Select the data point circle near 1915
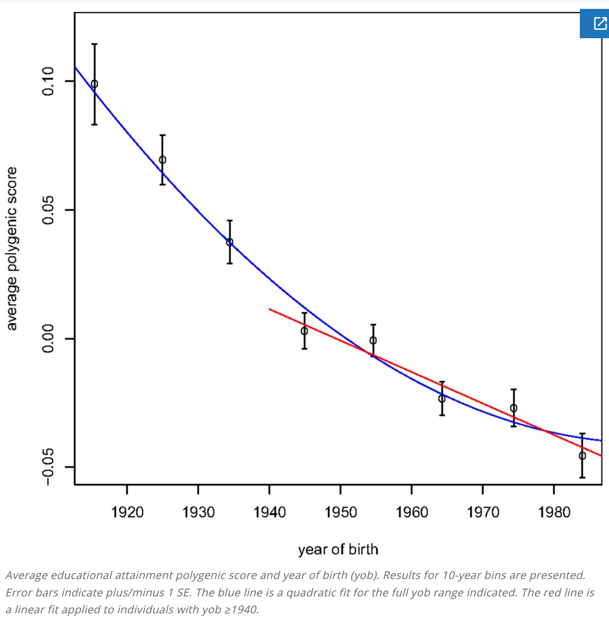pyautogui.click(x=95, y=84)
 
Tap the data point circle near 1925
pyautogui.click(x=162, y=160)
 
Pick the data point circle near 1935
pyautogui.click(x=230, y=242)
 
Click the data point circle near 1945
pyautogui.click(x=304, y=331)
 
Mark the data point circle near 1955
pyautogui.click(x=373, y=340)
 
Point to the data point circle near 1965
pyautogui.click(x=442, y=398)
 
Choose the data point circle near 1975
pyautogui.click(x=514, y=408)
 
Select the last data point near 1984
pyautogui.click(x=582, y=456)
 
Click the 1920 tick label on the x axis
pyautogui.click(x=127, y=512)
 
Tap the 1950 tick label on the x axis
pyautogui.click(x=340, y=512)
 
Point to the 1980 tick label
pyautogui.click(x=554, y=512)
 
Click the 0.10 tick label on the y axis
pyautogui.click(x=48, y=81)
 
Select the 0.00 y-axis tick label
pyautogui.click(x=48, y=339)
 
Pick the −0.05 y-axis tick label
pyautogui.click(x=48, y=467)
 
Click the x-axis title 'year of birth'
pyautogui.click(x=338, y=549)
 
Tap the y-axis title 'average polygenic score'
pyautogui.click(x=12, y=249)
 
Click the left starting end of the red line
pyautogui.click(x=270, y=309)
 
